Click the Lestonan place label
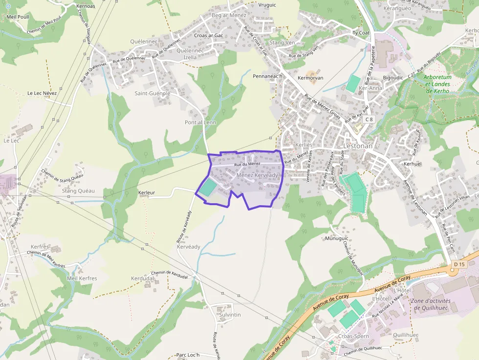[358, 146]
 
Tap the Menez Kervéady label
[257, 175]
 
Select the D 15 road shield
[458, 264]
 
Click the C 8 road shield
[368, 119]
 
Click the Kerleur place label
[147, 192]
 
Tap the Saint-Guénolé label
[152, 93]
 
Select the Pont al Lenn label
[200, 122]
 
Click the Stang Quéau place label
[78, 191]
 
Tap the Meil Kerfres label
[82, 278]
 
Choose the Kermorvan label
[310, 78]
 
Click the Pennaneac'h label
[268, 76]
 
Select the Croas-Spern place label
[353, 337]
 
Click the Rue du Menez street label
[247, 164]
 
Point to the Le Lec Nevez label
[42, 93]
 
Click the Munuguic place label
[336, 238]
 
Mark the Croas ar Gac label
[209, 36]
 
